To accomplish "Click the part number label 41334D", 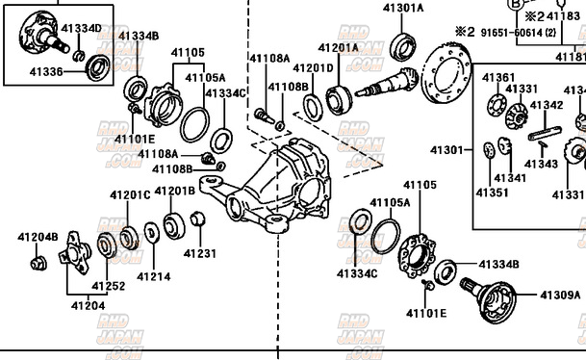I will click(81, 27).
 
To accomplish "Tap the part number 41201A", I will click(339, 47).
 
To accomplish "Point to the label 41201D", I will click(313, 68).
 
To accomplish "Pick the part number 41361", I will click(498, 77).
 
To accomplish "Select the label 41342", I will click(547, 106).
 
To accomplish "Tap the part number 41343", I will click(541, 164).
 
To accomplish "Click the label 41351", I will click(492, 193).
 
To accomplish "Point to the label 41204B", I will click(38, 237).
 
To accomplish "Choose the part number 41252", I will click(108, 286).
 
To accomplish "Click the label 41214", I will click(153, 276).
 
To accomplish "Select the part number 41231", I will click(200, 253).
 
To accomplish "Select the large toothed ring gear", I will click(447, 73).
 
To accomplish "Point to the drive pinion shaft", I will click(385, 86).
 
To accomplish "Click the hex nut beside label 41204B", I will click(38, 262).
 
